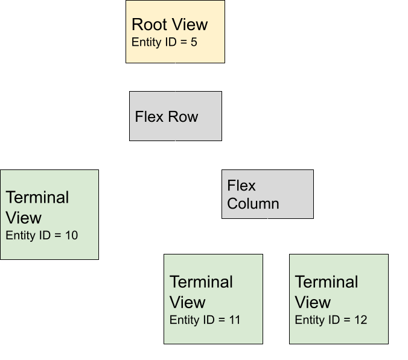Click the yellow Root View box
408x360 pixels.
click(175, 31)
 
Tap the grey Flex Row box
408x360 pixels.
click(176, 116)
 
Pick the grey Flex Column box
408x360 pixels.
click(268, 194)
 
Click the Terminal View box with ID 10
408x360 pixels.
click(49, 215)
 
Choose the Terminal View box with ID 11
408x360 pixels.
click(213, 299)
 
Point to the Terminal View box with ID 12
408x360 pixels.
click(339, 299)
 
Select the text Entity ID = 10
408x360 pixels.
click(42, 235)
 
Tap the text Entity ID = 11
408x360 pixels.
click(205, 320)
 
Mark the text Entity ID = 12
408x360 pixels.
click(331, 320)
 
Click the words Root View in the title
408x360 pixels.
click(170, 25)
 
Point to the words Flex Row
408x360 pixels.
click(167, 116)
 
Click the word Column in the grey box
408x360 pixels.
click(253, 203)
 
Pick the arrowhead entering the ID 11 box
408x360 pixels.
click(214, 251)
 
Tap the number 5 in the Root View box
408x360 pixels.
click(194, 43)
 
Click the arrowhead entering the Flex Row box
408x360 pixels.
click(176, 89)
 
